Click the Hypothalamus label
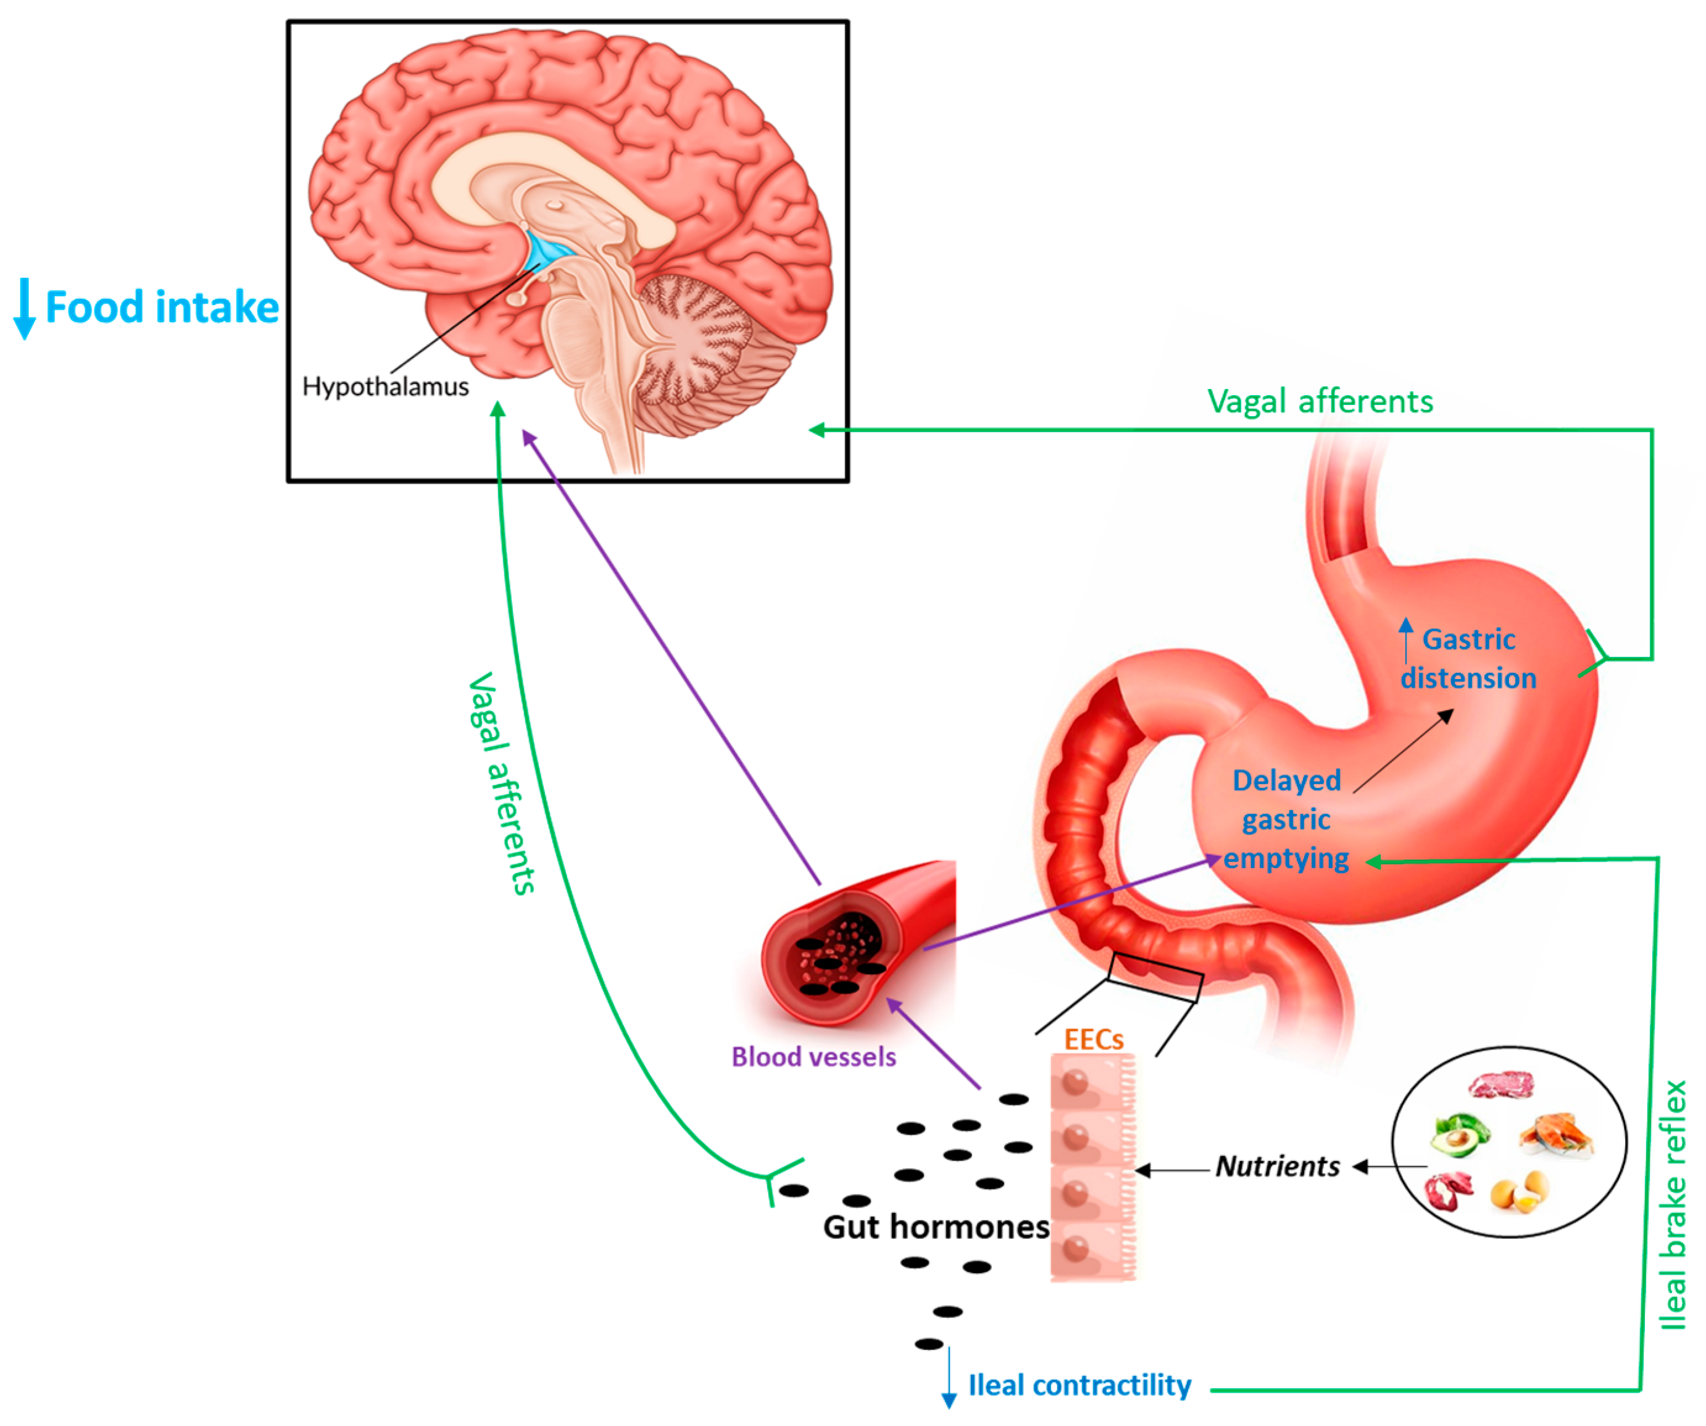point(385,387)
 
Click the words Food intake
point(162,308)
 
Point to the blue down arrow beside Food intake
point(24,309)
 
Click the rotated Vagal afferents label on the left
point(502,784)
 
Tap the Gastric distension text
point(1468,659)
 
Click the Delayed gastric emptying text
point(1286,819)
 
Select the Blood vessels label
point(813,1057)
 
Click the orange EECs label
point(1094,1040)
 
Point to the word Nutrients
point(1277,1167)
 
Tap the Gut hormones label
point(936,1227)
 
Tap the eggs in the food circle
point(1519,1192)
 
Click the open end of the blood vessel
point(837,951)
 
